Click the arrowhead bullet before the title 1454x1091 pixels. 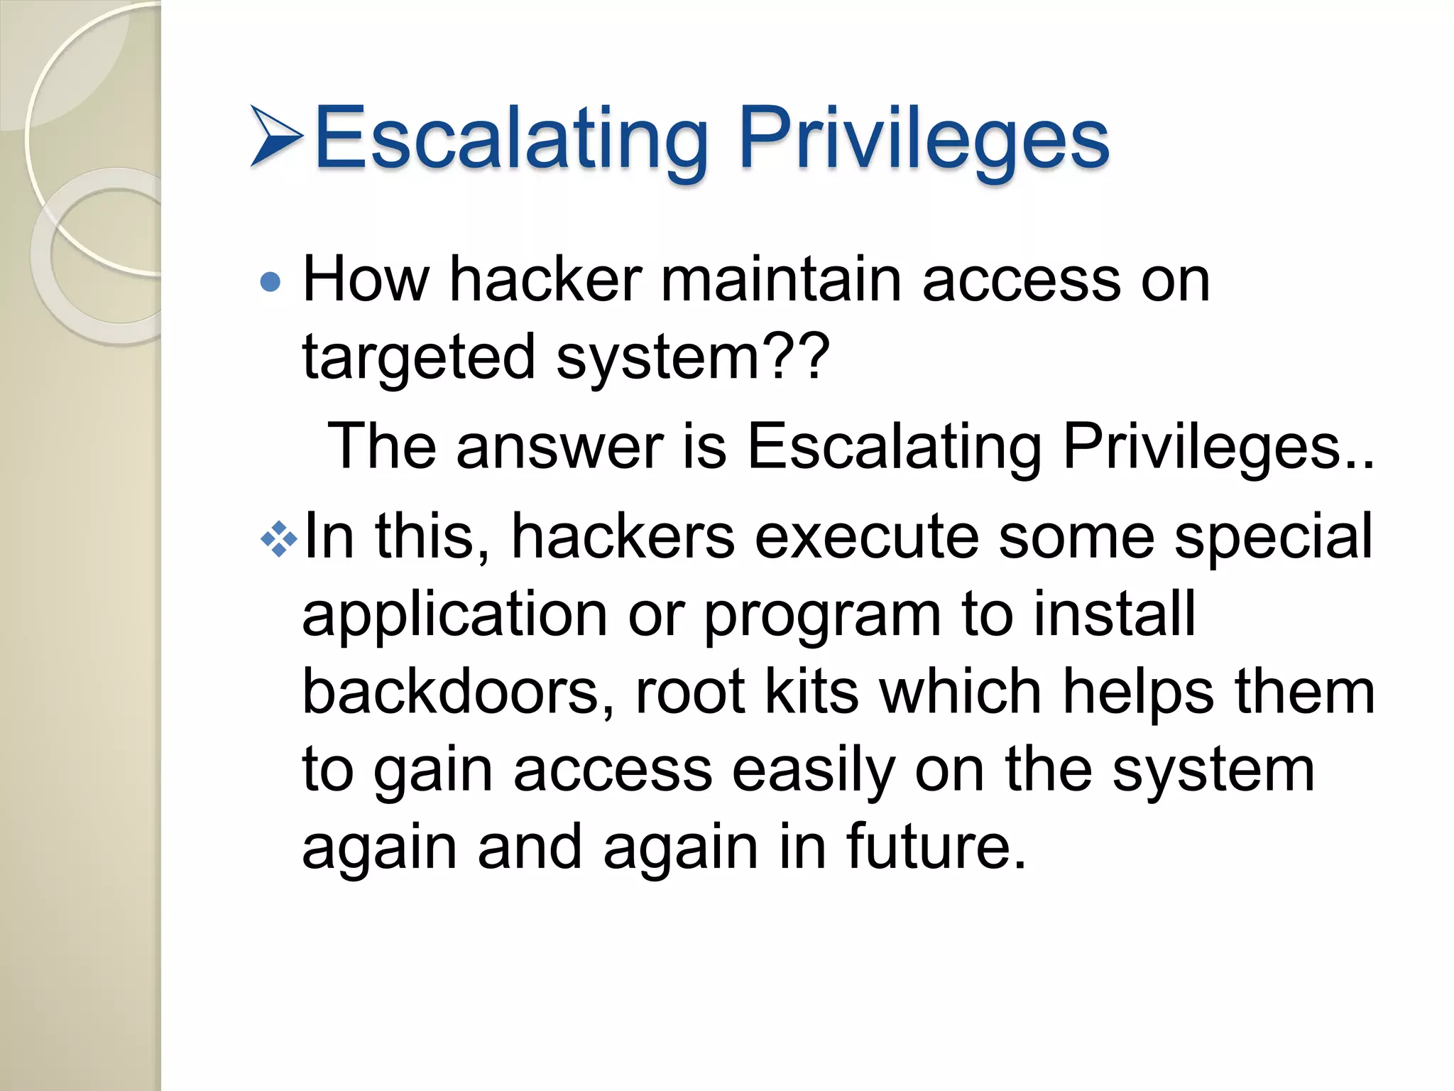click(276, 136)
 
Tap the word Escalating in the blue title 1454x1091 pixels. click(511, 138)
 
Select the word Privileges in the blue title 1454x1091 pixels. click(924, 138)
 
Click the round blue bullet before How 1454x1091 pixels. click(270, 283)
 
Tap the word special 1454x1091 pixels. click(1274, 537)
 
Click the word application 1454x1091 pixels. click(454, 615)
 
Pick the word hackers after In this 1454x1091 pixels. click(622, 538)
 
